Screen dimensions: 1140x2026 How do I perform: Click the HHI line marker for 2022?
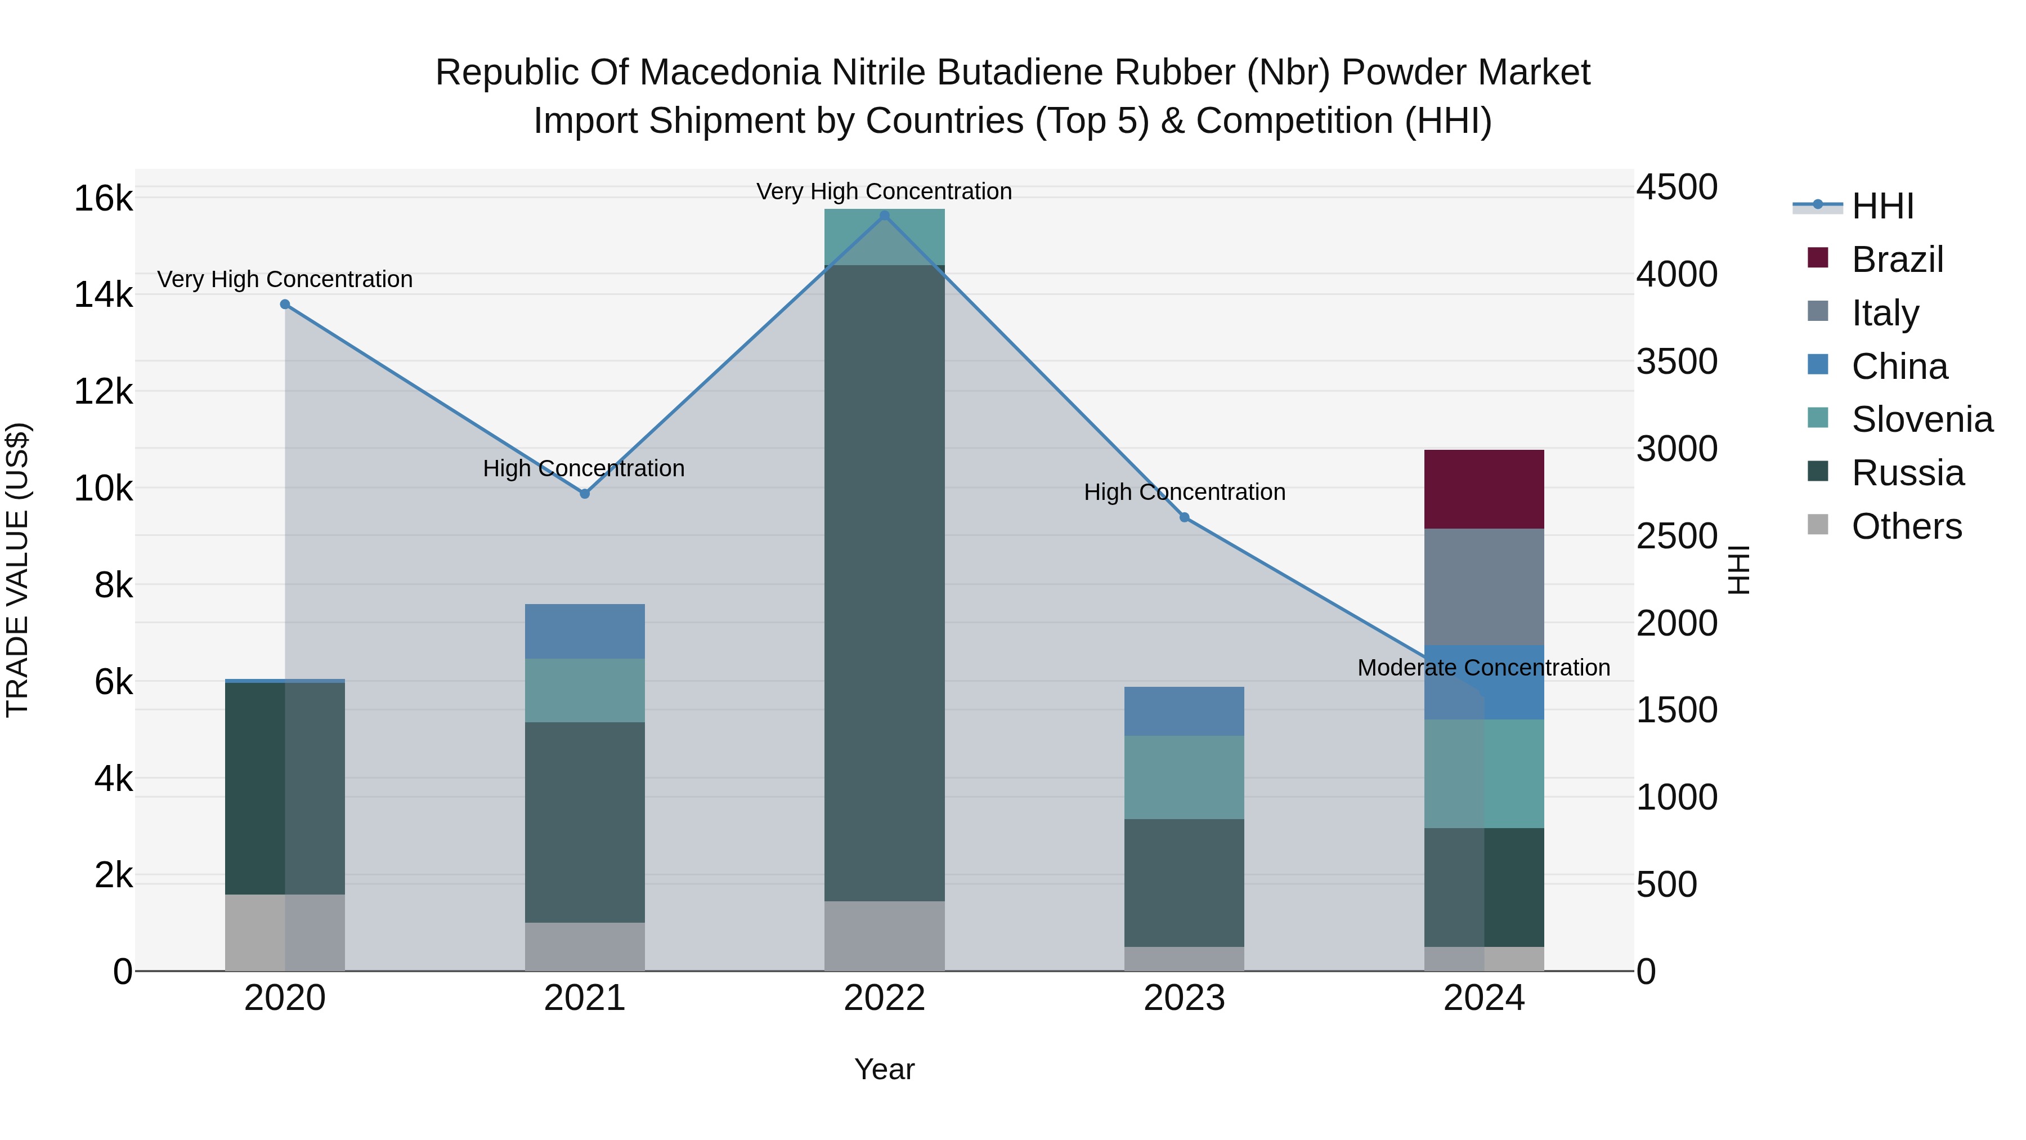tap(884, 216)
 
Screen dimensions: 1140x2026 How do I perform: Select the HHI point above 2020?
tap(285, 305)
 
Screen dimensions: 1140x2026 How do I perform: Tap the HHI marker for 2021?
tap(584, 494)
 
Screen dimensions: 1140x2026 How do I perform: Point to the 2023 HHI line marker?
tap(1185, 518)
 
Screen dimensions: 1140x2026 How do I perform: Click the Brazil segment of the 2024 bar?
tap(1484, 489)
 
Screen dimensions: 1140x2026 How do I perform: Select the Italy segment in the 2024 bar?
tap(1484, 587)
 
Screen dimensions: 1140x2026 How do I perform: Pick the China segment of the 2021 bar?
tap(584, 632)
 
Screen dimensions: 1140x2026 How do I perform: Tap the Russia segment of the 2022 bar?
tap(884, 582)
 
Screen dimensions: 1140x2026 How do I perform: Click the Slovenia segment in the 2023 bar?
tap(1185, 777)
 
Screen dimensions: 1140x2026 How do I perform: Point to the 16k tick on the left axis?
tap(103, 198)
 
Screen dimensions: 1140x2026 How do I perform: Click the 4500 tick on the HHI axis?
tap(1677, 187)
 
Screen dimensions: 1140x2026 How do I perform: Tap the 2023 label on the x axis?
tap(1185, 998)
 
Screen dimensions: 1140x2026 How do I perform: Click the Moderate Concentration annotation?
tap(1483, 667)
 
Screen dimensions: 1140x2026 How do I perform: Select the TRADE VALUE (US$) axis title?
tap(17, 570)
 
